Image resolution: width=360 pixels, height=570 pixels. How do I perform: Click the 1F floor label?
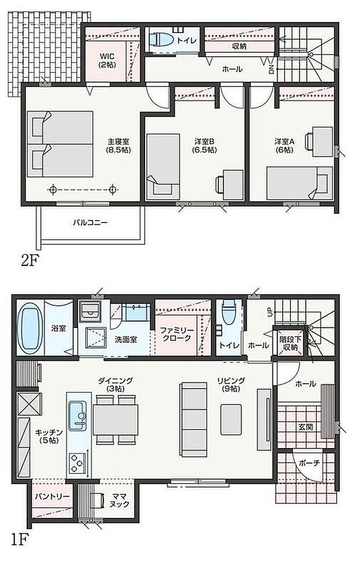pyautogui.click(x=19, y=540)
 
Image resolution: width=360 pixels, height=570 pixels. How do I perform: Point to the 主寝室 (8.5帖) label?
pyautogui.click(x=118, y=145)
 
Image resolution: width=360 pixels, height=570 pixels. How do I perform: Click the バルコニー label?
pyautogui.click(x=90, y=222)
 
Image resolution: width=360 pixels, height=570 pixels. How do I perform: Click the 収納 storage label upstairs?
pyautogui.click(x=239, y=46)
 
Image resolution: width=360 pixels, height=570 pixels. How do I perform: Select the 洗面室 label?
pyautogui.click(x=125, y=340)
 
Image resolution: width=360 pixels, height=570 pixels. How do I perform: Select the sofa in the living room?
pyautogui.click(x=192, y=418)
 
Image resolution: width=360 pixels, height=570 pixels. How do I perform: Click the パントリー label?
pyautogui.click(x=51, y=497)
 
